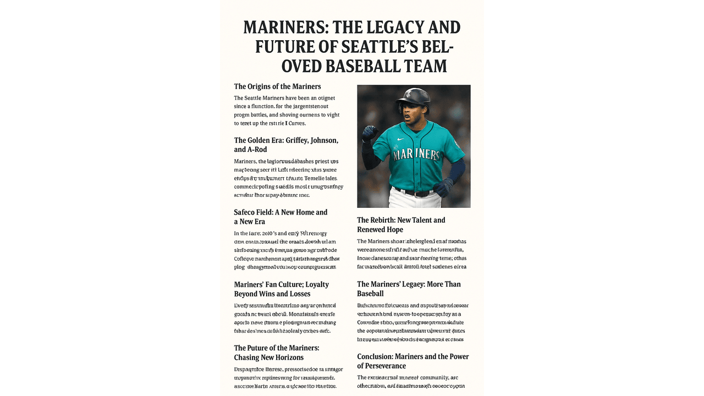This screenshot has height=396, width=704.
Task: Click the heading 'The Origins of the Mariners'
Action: (277, 86)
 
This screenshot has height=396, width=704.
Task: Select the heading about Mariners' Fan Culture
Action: (281, 289)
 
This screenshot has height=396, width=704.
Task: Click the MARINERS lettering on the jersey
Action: (417, 154)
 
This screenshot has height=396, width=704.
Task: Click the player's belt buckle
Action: (417, 193)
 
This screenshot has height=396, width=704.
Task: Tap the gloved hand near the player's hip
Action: (443, 187)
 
